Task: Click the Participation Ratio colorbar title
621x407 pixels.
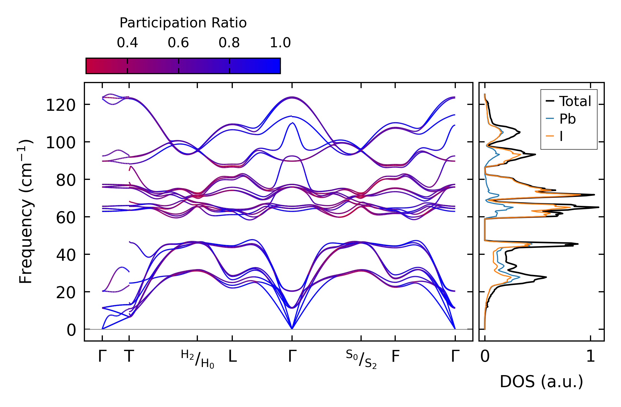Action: (x=183, y=23)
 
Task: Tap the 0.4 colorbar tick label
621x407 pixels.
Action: (x=127, y=43)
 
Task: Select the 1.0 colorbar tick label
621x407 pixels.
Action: (x=280, y=43)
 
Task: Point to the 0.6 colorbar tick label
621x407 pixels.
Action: (x=178, y=43)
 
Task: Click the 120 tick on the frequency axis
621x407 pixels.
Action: (x=61, y=106)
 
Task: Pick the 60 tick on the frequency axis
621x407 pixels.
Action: (x=66, y=218)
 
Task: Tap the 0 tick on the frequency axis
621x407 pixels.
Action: (x=71, y=330)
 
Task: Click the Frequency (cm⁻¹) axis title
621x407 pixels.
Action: (x=26, y=211)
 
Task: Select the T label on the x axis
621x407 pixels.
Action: (x=129, y=357)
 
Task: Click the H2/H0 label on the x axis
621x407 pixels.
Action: (x=198, y=359)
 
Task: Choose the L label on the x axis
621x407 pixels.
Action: (x=233, y=357)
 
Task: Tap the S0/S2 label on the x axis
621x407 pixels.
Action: (x=361, y=359)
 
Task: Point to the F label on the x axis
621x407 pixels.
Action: (x=395, y=357)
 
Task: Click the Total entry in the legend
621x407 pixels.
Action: (x=575, y=101)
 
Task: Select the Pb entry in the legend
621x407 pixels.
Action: (x=567, y=119)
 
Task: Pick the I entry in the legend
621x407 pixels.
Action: (x=561, y=137)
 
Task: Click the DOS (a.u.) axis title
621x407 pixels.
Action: (x=541, y=382)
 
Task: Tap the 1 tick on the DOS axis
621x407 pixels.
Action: (x=591, y=357)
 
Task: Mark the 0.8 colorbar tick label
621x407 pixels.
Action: (x=229, y=43)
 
